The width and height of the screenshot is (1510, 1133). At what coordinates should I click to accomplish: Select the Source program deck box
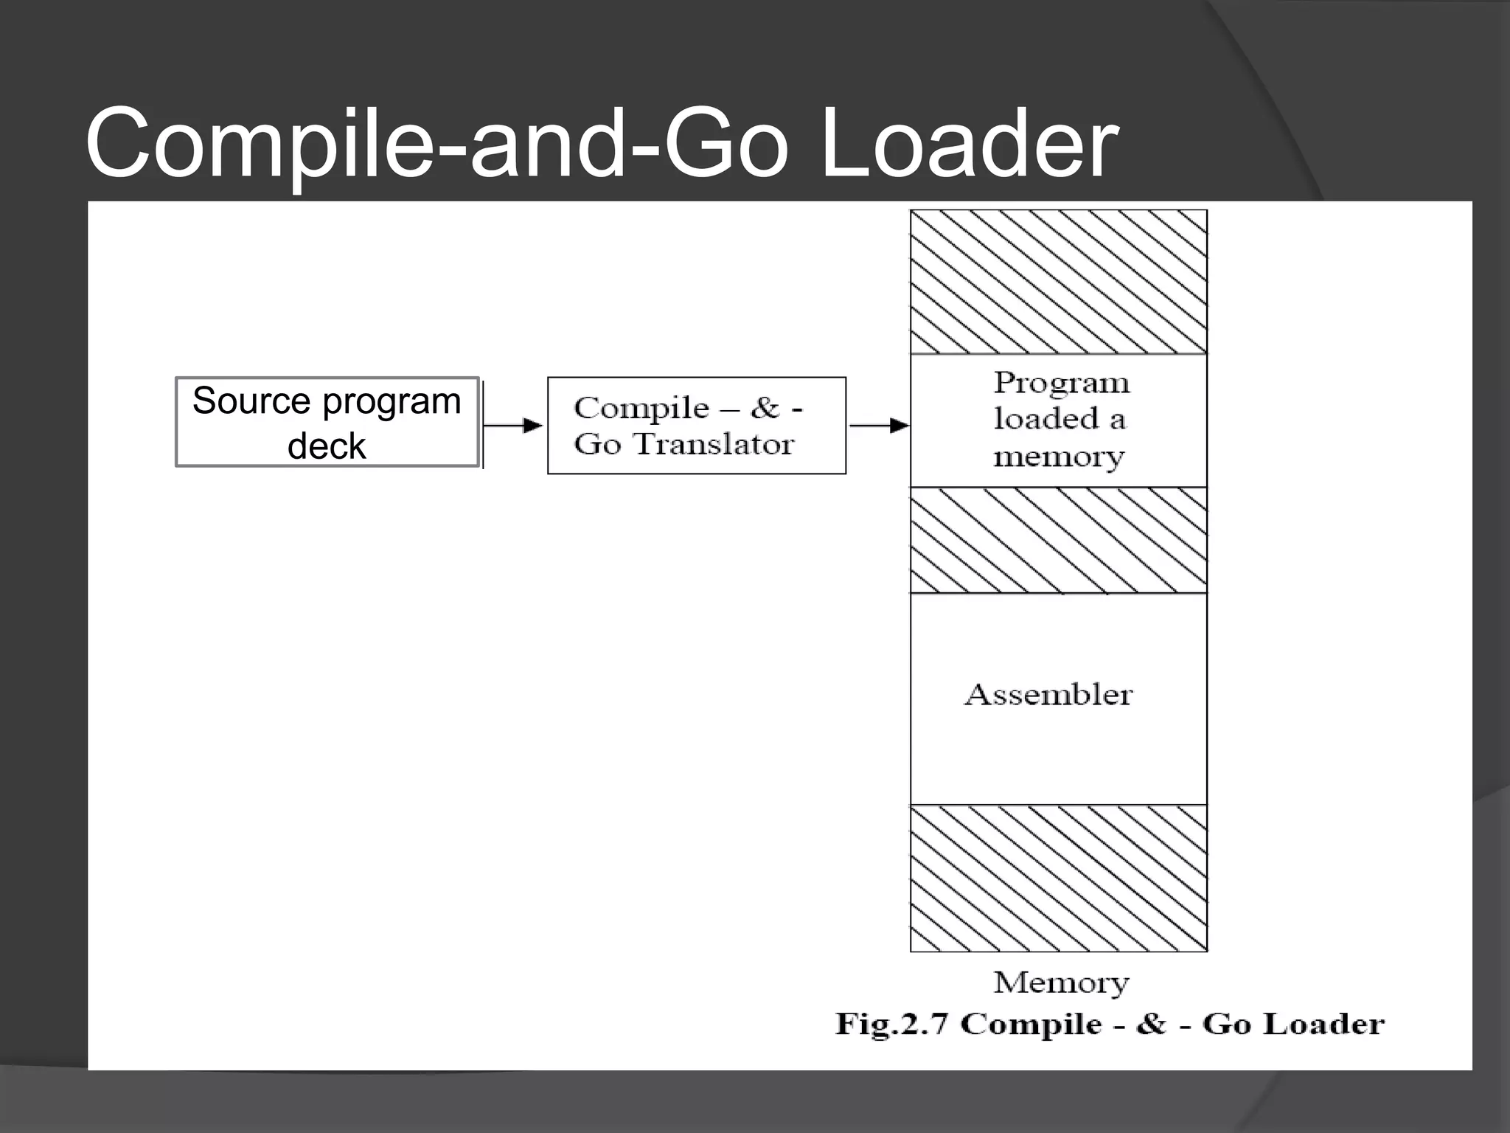(327, 423)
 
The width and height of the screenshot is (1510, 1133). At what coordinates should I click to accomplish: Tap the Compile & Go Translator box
(696, 426)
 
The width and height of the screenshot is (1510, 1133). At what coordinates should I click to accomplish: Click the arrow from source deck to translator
(513, 426)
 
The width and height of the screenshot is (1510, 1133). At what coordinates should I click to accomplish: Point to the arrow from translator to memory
(878, 426)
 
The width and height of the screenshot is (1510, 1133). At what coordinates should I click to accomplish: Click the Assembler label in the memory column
(1048, 695)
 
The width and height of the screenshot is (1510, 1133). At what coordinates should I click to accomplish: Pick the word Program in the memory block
(1061, 383)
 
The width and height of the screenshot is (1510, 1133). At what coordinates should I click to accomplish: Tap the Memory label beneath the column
(1061, 983)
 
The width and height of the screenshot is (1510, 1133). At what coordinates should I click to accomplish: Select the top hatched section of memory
(1059, 282)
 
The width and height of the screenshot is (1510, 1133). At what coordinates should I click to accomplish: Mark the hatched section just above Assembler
(1059, 540)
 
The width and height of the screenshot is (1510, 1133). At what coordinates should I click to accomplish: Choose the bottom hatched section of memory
(1059, 878)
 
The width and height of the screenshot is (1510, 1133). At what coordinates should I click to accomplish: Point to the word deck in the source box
(327, 446)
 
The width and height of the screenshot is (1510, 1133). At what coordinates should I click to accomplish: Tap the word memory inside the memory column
(1059, 457)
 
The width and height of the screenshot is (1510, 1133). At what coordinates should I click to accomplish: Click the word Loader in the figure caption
(1329, 1024)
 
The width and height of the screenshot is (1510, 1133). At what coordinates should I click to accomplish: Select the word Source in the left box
(251, 401)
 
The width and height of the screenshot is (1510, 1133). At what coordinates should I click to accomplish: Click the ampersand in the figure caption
(1151, 1024)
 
